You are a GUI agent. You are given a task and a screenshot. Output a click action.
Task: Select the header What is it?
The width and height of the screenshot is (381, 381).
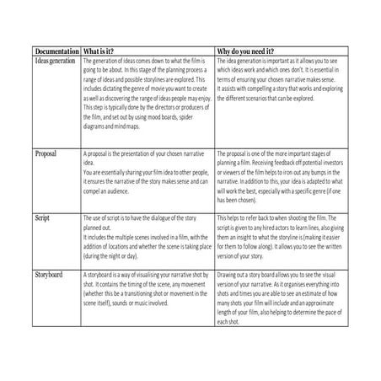point(108,51)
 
